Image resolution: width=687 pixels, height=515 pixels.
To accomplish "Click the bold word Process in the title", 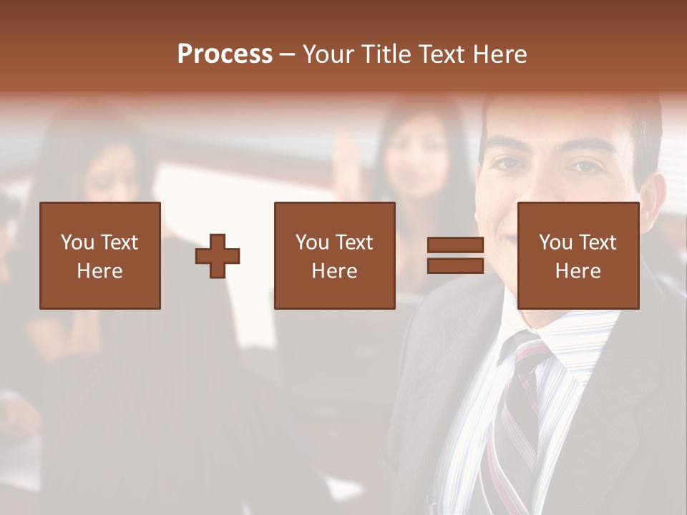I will (225, 54).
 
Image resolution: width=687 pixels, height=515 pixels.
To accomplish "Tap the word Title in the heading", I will (386, 54).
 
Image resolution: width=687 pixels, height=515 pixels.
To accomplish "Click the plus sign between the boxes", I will (218, 256).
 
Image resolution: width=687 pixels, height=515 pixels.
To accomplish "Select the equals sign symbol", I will (455, 256).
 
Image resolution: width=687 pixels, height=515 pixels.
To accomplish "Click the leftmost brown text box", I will (99, 256).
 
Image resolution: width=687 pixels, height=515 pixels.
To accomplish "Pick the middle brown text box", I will (334, 256).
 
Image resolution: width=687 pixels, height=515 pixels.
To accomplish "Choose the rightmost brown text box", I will (578, 256).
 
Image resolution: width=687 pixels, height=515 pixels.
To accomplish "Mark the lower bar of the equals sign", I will (455, 266).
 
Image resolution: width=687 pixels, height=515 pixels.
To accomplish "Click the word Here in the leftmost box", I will (99, 271).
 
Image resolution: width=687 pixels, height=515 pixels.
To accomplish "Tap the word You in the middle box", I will (312, 242).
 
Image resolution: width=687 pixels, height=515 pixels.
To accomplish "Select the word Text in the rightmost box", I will (599, 242).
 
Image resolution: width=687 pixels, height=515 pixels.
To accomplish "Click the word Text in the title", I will (442, 54).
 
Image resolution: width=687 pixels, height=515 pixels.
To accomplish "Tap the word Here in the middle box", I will (334, 271).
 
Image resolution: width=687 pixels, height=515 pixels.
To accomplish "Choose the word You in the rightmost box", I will (555, 242).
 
